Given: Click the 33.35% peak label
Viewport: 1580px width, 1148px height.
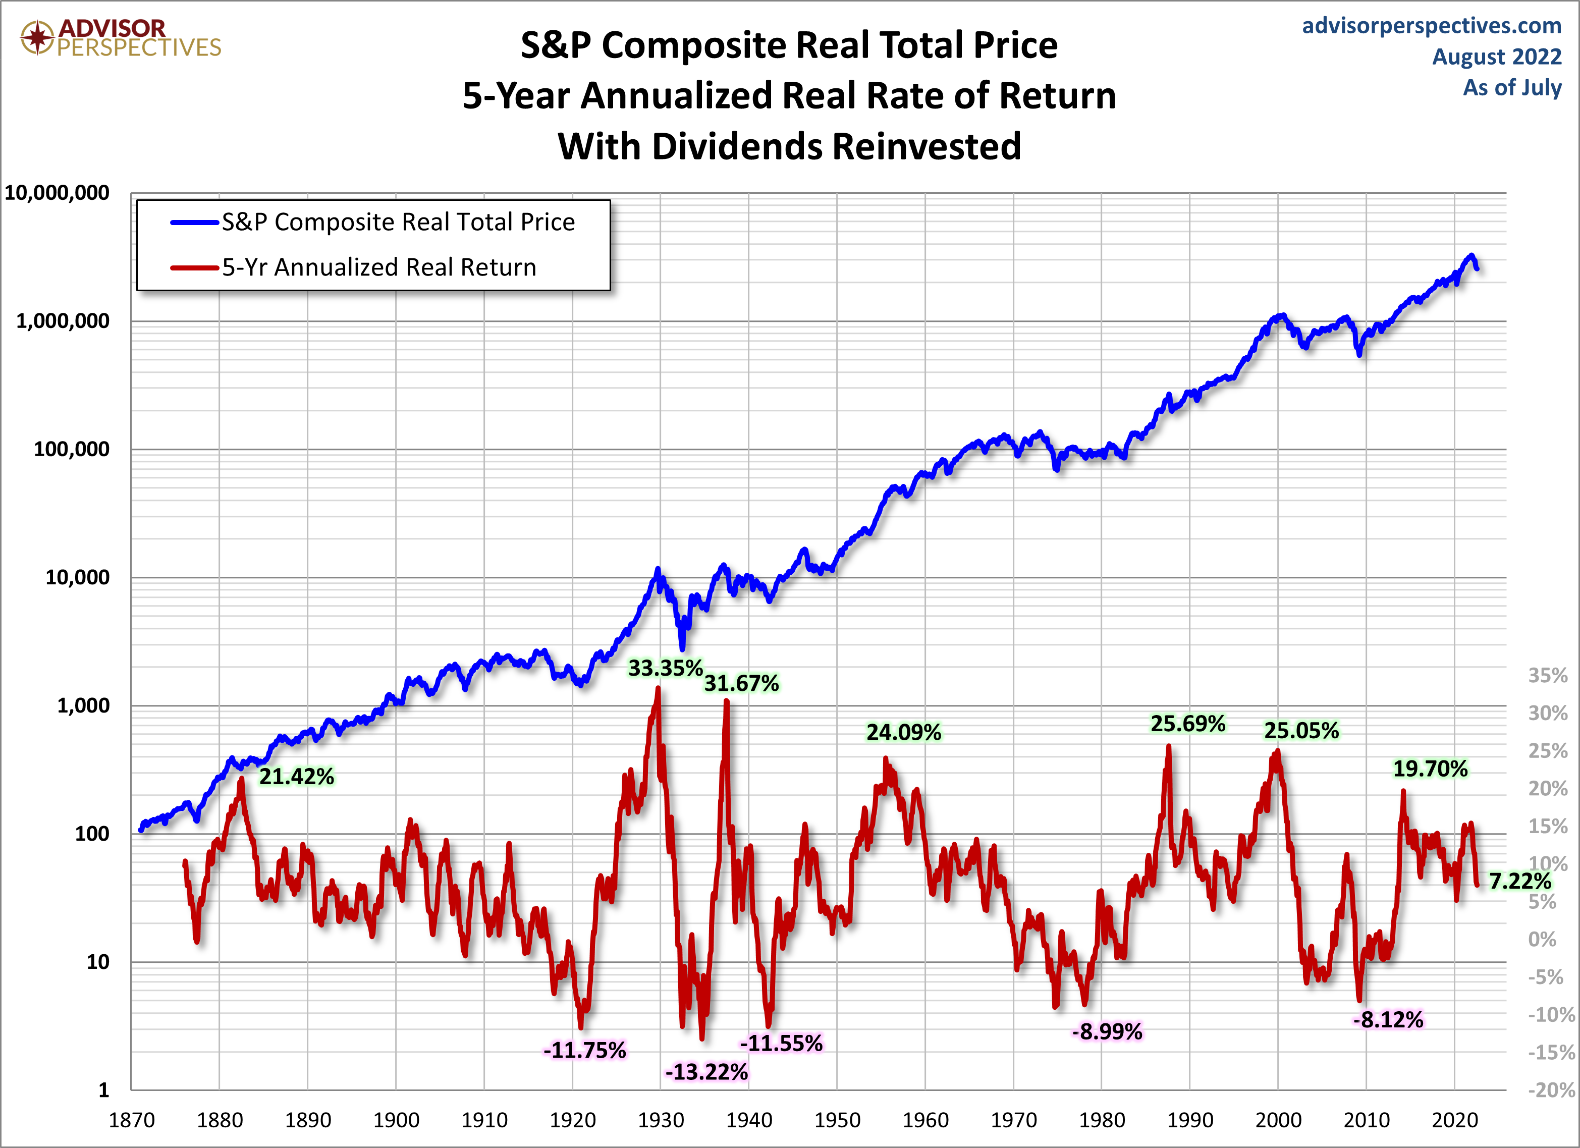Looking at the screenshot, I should [665, 668].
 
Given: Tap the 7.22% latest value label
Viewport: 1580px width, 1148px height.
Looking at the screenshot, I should [1519, 881].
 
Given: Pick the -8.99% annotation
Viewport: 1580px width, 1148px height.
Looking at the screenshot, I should [1107, 1031].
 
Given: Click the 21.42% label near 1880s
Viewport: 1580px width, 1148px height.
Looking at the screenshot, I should [296, 776].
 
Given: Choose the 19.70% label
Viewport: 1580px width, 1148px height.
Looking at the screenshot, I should [1430, 769].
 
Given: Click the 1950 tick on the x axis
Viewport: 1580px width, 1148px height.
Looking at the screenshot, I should [837, 1120].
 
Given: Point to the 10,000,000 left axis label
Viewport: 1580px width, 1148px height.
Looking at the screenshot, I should [57, 193].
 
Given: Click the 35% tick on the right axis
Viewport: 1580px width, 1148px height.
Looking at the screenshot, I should [1547, 675].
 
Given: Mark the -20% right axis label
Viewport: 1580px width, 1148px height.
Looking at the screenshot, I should [1550, 1089].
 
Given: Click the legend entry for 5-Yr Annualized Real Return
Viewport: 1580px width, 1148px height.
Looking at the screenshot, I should [378, 267].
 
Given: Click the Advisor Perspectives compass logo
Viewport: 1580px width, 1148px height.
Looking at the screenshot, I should [37, 37].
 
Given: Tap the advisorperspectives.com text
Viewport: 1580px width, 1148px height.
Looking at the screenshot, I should [1431, 26].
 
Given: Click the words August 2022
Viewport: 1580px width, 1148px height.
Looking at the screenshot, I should [1496, 57].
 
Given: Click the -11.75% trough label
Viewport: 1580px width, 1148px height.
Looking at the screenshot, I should [584, 1050].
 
